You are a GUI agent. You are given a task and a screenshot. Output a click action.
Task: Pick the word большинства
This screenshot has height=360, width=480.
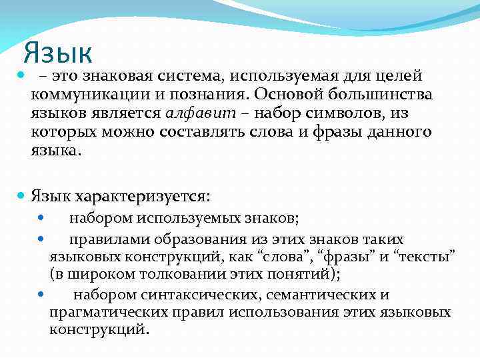tap(379, 95)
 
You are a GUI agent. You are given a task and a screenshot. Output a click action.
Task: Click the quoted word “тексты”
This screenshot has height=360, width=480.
tap(425, 256)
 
